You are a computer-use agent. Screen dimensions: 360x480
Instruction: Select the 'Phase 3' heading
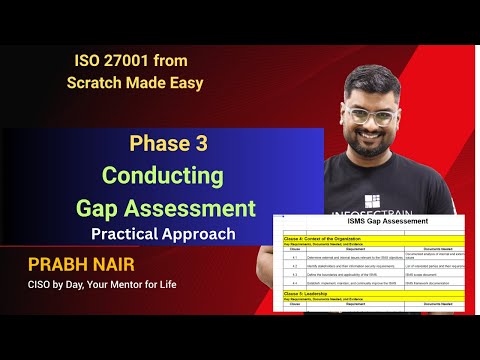point(168,143)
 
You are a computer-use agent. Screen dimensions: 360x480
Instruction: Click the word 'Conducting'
point(167,176)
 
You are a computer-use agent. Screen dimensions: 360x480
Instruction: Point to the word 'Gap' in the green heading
point(104,208)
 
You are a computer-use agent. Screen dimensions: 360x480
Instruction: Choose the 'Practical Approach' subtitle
point(163,234)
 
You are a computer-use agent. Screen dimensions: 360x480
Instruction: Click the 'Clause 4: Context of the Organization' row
point(330,239)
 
